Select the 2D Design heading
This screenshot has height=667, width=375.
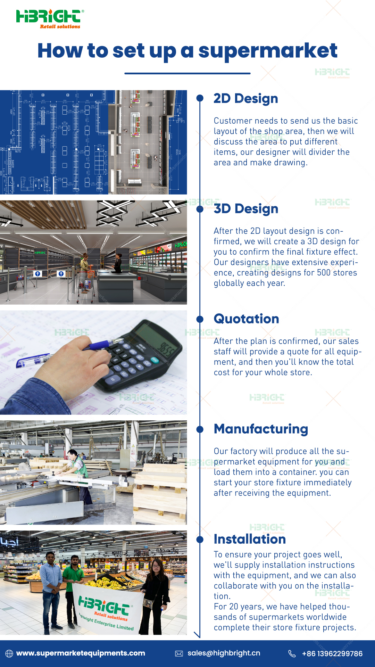point(246,99)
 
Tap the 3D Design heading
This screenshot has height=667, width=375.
point(246,209)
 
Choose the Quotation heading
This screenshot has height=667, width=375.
point(247,319)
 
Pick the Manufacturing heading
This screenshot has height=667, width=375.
point(261,429)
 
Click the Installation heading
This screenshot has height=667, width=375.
point(250,539)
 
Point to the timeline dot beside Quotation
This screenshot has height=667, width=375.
point(200,319)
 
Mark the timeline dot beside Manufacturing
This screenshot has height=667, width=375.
point(200,429)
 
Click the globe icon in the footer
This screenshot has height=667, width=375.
point(9,653)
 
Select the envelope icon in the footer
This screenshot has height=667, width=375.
point(179,653)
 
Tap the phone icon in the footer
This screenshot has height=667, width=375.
point(292,653)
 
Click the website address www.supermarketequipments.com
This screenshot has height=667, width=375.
point(81,653)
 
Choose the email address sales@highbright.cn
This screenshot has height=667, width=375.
point(224,653)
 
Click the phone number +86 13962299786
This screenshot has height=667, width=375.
point(332,653)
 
